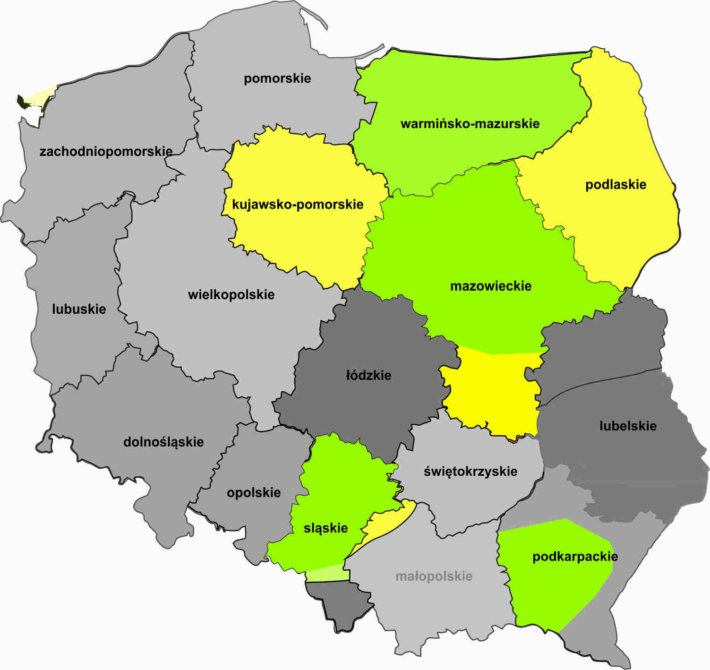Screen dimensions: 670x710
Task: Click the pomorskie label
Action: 277,78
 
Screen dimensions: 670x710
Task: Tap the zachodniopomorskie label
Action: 106,152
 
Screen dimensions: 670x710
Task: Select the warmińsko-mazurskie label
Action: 470,124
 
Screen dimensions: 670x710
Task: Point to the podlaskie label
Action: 616,184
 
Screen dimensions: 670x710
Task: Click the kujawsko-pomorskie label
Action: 298,205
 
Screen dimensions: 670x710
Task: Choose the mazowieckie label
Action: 490,286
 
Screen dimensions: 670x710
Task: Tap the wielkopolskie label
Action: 231,295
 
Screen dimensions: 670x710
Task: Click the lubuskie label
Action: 79,309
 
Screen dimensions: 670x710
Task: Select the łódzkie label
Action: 368,376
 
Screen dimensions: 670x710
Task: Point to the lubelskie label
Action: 628,426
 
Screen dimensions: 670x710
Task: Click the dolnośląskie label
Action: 163,442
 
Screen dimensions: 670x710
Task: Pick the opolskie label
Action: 254,493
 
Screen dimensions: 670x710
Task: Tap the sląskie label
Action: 325,528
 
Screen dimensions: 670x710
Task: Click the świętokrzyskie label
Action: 470,472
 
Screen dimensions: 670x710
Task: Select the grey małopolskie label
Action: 434,576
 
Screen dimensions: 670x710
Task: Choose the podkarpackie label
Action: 575,557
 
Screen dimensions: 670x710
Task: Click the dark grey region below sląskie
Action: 340,602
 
